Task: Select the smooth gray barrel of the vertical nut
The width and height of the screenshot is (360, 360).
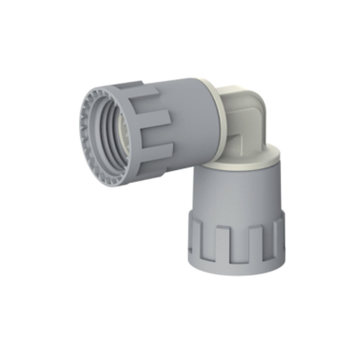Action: [x=236, y=194]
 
